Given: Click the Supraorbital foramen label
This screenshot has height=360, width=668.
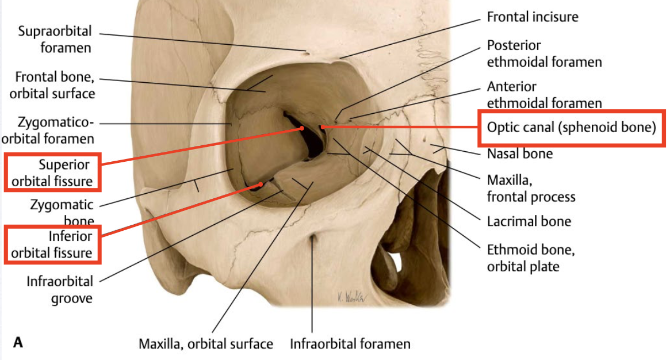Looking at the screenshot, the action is point(55,39).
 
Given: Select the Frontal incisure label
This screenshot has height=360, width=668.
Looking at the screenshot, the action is point(532,17).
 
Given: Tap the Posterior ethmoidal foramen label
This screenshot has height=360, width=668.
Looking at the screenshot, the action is point(544,54).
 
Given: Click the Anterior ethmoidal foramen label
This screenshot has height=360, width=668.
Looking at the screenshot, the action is point(544,94).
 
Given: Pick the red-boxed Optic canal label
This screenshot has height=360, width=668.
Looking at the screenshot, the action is point(571,128).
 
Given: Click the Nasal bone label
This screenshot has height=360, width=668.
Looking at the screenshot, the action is point(519,153).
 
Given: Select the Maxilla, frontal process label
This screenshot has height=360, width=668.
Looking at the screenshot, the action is point(531,188).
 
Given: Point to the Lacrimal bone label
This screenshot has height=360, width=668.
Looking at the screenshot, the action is point(528,221).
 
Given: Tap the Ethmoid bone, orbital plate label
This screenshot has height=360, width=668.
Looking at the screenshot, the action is point(531,258).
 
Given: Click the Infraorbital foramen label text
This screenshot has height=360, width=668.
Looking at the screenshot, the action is point(350,345).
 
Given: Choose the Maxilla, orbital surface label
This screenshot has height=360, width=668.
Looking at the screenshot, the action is point(205,345).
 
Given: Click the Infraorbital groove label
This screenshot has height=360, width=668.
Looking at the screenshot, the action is point(60,290).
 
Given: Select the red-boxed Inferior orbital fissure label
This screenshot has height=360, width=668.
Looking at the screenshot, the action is point(52,245).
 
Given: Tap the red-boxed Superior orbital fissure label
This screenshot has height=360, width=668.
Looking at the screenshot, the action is point(52,173).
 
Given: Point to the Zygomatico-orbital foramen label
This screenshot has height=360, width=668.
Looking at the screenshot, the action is point(55,129).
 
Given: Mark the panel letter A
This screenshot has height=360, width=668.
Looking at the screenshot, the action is point(18,343).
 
